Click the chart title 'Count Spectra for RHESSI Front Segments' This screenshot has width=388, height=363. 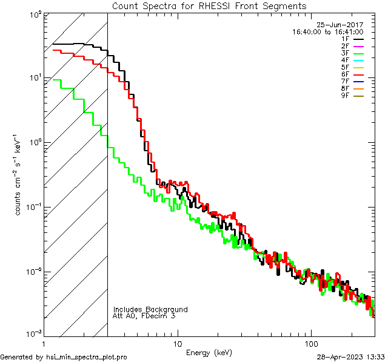209,5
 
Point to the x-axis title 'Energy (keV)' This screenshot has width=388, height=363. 209,352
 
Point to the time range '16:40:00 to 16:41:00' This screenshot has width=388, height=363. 328,32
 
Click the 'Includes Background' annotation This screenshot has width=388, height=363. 150,309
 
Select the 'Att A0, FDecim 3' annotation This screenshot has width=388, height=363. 144,316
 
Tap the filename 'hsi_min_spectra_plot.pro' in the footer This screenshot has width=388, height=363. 87,358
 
